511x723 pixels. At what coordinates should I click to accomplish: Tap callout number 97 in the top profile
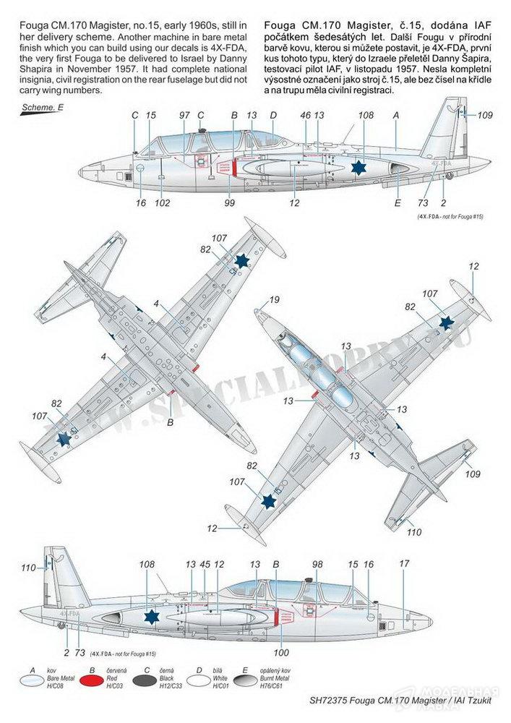(x=184, y=114)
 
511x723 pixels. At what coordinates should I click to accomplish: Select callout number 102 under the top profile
(x=163, y=204)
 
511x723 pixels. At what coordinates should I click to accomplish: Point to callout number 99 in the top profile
(x=231, y=204)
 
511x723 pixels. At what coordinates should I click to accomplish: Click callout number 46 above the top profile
(x=306, y=114)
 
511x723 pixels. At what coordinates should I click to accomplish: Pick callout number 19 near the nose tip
(x=274, y=300)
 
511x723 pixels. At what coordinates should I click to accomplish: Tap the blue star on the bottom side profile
(x=151, y=617)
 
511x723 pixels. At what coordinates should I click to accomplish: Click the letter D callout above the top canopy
(x=273, y=114)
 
